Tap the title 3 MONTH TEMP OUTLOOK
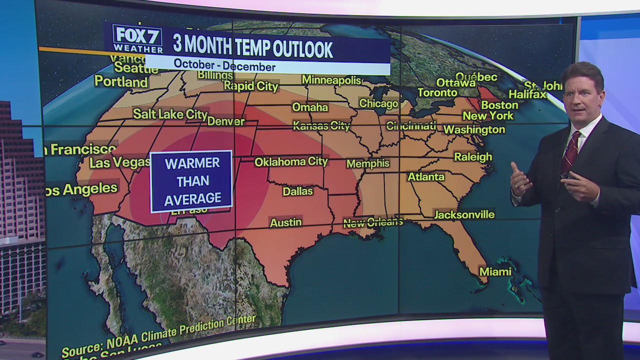click(252, 48)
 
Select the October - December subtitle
click(224, 66)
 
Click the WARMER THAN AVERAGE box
click(192, 181)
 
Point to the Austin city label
click(285, 222)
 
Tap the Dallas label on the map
click(297, 191)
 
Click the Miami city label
click(495, 271)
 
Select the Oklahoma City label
click(291, 161)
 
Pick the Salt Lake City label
click(170, 114)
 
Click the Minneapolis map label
click(331, 80)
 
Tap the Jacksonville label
click(464, 214)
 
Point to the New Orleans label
click(372, 222)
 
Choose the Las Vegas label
click(120, 162)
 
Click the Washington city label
click(474, 129)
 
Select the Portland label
click(121, 81)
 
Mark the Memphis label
click(367, 163)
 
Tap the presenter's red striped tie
click(569, 152)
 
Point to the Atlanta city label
click(426, 176)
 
